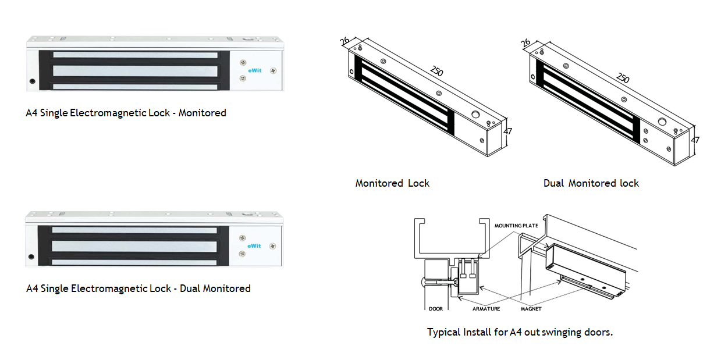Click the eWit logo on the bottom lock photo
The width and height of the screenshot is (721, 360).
[x=254, y=245]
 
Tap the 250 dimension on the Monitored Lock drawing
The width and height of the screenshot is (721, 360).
[x=436, y=72]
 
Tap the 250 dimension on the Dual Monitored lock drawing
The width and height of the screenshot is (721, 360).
[x=623, y=78]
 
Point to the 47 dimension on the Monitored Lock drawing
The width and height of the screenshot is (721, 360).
[x=508, y=131]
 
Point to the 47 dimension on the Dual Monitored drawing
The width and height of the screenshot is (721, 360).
[x=695, y=140]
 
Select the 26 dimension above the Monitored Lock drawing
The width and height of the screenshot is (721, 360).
[x=344, y=41]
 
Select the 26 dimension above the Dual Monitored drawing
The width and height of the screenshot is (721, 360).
[x=525, y=43]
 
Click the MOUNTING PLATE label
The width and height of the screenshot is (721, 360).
[x=516, y=225]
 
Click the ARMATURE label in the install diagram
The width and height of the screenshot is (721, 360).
[x=486, y=309]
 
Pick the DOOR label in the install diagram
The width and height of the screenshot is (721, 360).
[x=436, y=309]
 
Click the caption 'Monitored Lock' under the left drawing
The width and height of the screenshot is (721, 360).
[x=392, y=183]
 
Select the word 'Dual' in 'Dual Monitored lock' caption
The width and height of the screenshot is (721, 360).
[x=554, y=183]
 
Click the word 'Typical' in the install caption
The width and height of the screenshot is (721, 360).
[x=443, y=333]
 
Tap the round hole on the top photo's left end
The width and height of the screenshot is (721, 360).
[x=32, y=81]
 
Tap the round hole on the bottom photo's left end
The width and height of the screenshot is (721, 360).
[x=31, y=256]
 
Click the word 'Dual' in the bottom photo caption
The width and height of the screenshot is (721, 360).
[x=190, y=288]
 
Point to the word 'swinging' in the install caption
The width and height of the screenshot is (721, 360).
[x=562, y=333]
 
